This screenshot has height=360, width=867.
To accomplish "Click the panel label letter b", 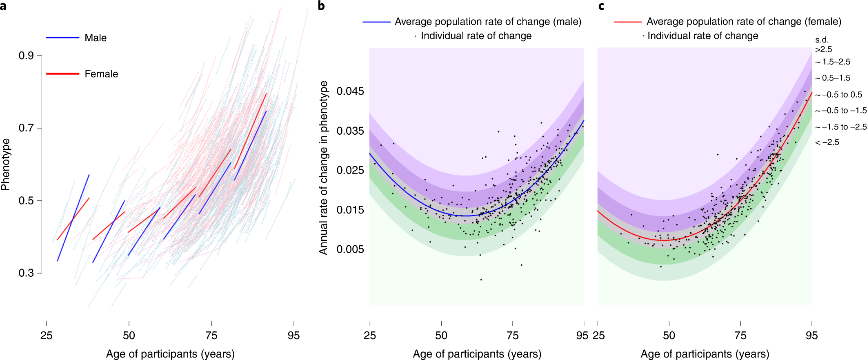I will coord(321,6).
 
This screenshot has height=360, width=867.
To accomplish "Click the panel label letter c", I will coord(601,6).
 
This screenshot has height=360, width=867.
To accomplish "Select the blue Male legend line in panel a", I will coord(62,38).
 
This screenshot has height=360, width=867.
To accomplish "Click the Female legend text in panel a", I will coord(101,74).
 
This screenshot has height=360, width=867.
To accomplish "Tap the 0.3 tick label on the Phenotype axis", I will coord(26,273).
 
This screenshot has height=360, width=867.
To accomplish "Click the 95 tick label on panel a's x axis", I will coord(293,336).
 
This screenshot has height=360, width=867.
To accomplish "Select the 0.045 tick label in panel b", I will coord(350,91).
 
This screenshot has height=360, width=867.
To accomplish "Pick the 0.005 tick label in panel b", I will coord(350,249).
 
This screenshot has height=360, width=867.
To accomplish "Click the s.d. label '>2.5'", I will coord(823,49).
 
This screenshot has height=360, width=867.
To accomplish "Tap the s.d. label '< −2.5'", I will coord(827,142).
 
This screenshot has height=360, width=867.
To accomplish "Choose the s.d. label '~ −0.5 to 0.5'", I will coord(838,95).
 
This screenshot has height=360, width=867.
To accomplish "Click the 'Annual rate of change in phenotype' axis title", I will coord(324,167).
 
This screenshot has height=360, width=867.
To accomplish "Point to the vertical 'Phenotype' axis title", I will coord(5,164).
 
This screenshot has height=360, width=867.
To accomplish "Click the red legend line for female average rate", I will coord(628,22).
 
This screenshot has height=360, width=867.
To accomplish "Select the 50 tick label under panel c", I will coord(669,336).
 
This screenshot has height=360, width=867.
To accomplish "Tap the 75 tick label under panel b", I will coord(513,336).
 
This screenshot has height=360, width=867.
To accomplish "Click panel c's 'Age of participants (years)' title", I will coord(705,353).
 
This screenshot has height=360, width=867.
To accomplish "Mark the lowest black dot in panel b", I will coord(481,280).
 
